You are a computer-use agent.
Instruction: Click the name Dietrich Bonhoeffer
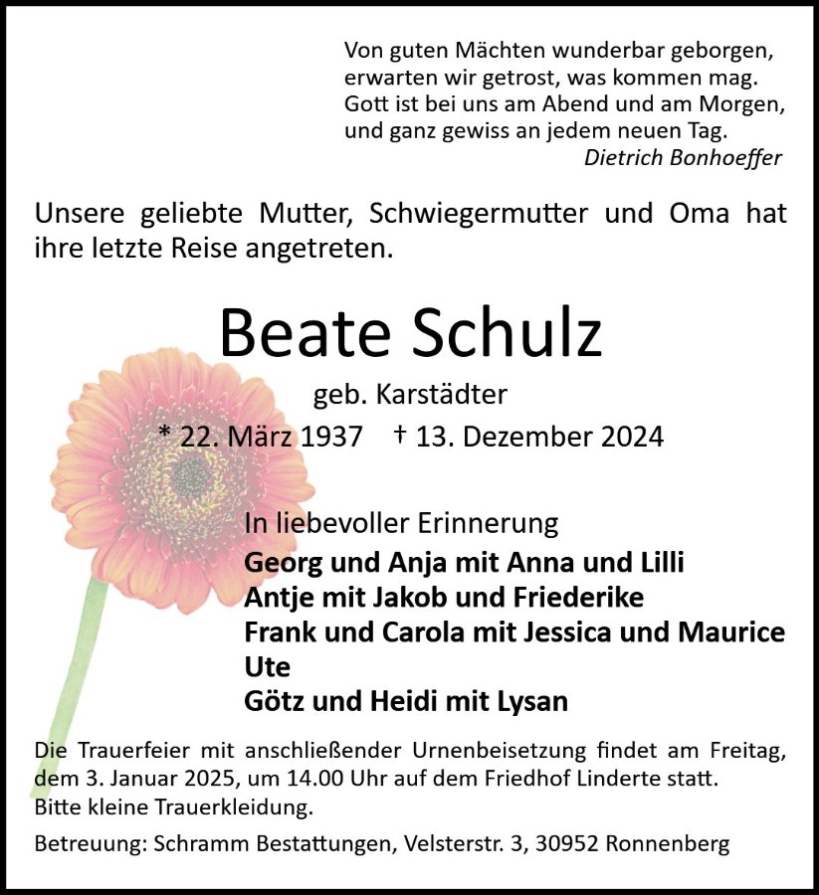click(683, 157)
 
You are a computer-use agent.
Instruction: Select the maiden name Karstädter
click(442, 395)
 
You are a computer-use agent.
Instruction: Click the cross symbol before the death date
click(400, 435)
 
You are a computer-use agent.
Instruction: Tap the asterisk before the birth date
click(166, 435)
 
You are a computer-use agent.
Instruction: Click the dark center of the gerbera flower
click(191, 477)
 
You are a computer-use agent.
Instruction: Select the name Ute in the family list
click(267, 665)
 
